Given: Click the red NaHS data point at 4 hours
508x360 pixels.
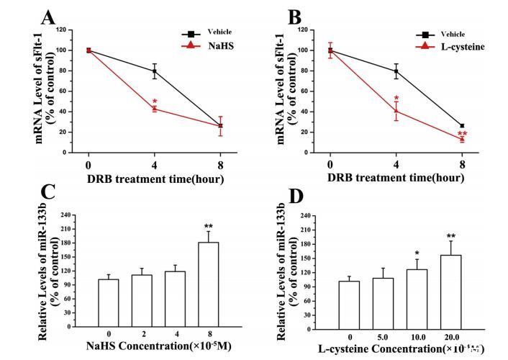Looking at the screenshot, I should pyautogui.click(x=153, y=109).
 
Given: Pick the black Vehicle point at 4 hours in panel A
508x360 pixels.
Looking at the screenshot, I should pyautogui.click(x=153, y=71).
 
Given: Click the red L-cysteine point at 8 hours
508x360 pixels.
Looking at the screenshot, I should pyautogui.click(x=461, y=139).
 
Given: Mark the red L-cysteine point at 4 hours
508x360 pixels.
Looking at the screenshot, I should pyautogui.click(x=396, y=110).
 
